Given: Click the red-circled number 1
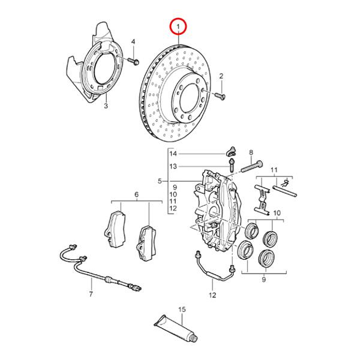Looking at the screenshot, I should [x=178, y=26].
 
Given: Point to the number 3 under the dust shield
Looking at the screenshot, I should [x=105, y=107].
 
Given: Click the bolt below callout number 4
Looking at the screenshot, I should [x=133, y=61].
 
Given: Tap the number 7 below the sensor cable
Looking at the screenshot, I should [x=91, y=295].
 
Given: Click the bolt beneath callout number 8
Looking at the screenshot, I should [x=251, y=165].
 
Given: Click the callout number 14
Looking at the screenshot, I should [x=173, y=154].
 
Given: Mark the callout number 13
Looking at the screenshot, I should [x=173, y=166].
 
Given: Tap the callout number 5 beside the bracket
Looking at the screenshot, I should [x=160, y=181].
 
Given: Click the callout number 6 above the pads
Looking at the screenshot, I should [x=136, y=195].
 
